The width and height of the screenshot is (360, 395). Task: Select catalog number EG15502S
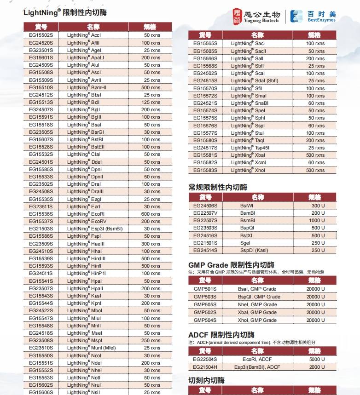41,35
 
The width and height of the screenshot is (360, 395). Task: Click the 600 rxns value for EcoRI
151,214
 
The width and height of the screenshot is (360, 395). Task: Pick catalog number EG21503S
41,229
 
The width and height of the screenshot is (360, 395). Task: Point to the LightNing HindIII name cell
86,258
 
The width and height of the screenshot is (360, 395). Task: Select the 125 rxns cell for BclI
151,102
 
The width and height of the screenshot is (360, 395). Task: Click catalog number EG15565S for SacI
205,43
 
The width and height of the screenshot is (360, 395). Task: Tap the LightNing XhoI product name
248,170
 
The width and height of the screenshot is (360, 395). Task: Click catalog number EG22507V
205,213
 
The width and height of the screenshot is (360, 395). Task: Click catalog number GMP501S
205,289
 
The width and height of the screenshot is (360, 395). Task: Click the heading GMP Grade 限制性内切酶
231,265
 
